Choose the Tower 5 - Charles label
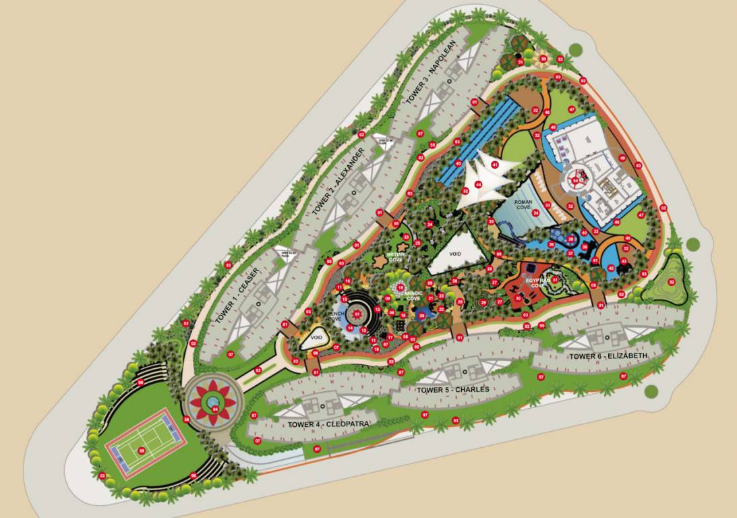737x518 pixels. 452,390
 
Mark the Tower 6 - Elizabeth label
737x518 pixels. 608,356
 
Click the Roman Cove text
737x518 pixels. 523,204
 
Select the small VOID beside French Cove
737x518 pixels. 316,336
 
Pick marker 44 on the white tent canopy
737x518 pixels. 479,183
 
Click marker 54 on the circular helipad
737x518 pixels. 575,180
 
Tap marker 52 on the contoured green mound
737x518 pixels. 671,282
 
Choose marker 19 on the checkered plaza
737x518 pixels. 401,287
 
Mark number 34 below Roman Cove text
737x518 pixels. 536,213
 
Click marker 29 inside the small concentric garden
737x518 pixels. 483,302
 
